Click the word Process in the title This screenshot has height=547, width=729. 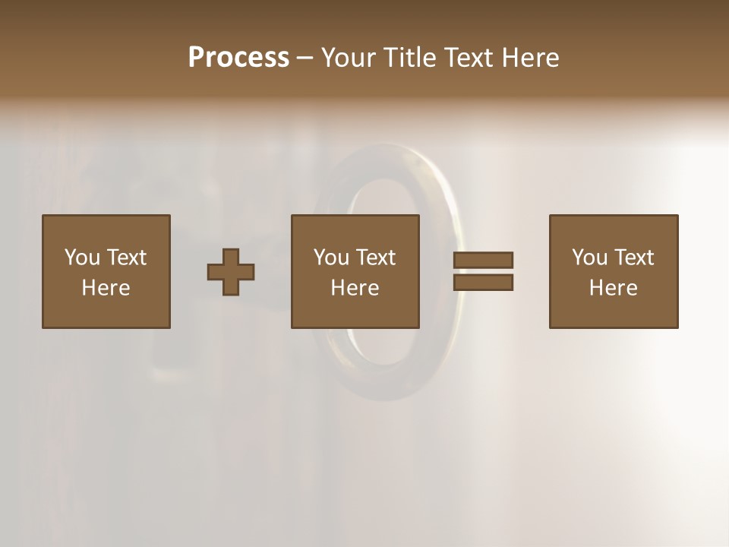[238, 58]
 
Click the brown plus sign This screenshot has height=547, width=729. [231, 271]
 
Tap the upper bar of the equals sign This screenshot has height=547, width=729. [483, 260]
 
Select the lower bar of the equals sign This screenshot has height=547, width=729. [483, 283]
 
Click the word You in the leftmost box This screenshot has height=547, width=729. [82, 258]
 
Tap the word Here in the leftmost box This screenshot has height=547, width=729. [106, 288]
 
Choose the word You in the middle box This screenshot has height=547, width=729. [331, 258]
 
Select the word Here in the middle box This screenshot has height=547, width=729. [355, 288]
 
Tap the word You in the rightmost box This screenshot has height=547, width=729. [589, 258]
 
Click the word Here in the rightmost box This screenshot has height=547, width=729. [613, 288]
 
